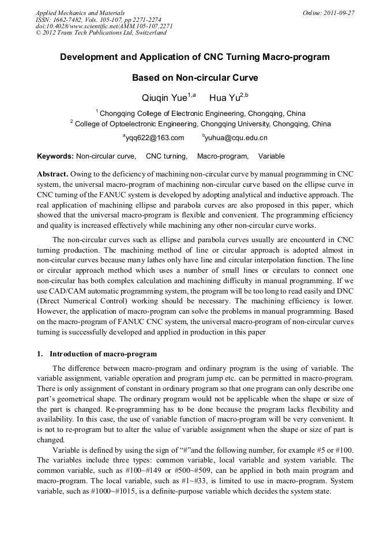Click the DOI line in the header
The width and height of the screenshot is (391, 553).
pos(104,26)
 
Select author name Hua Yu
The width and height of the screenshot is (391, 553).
pos(224,97)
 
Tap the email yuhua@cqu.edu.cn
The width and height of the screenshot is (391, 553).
pos(236,138)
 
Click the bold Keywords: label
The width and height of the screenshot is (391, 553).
pos(55,156)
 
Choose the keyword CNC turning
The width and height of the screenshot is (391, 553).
pos(166,156)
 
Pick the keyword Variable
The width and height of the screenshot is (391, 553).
pos(271,156)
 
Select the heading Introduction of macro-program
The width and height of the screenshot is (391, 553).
pos(103,353)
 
